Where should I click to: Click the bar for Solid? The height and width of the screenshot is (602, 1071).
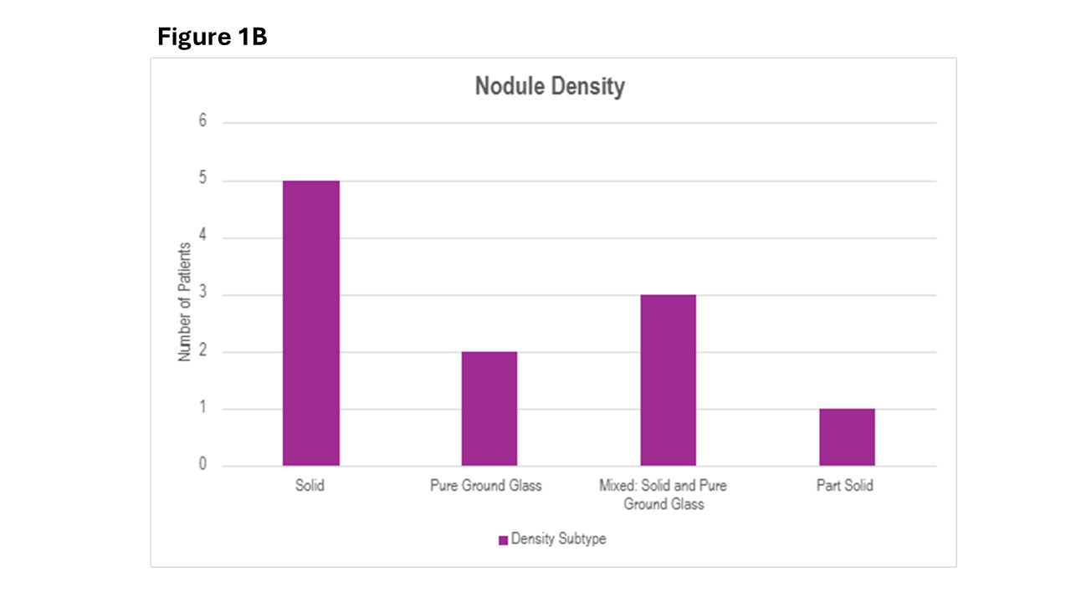point(310,323)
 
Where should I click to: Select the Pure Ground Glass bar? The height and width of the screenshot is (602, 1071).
point(489,409)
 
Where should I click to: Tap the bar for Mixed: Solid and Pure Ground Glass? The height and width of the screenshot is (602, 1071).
point(668,380)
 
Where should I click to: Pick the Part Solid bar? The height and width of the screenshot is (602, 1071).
point(847,437)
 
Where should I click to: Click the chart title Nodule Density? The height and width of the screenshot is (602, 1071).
point(550,86)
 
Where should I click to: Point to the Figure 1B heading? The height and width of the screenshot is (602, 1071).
point(213,38)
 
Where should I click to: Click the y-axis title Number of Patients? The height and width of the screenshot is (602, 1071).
point(184,302)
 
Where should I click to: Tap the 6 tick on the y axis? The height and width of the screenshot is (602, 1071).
point(202,122)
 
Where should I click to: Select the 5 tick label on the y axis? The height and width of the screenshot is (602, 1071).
point(202,180)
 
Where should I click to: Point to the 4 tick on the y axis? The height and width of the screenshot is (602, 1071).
point(202,237)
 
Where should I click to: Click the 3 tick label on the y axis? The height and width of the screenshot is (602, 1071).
point(202,294)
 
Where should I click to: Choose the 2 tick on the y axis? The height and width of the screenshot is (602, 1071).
point(202,352)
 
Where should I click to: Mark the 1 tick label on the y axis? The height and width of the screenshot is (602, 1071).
point(202,409)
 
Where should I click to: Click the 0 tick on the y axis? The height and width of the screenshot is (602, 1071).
point(202,466)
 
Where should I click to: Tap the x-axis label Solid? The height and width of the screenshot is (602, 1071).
point(310,486)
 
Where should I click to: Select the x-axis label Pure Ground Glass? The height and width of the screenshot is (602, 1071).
point(486,486)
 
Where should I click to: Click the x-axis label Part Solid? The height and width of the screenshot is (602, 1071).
point(845,486)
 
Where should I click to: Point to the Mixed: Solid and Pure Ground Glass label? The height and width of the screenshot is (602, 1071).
point(664,495)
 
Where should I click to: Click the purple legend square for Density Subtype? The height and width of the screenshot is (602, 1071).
point(503,540)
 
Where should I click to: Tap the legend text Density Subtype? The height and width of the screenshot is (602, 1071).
point(558,539)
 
